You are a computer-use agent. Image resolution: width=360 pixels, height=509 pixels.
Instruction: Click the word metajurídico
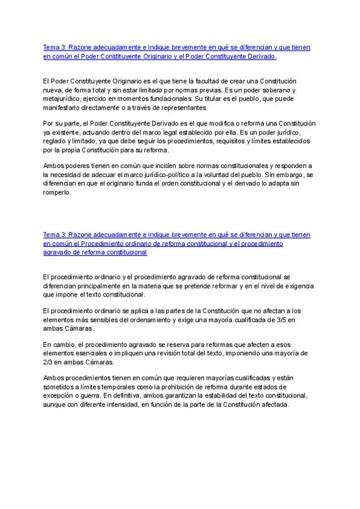63,99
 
